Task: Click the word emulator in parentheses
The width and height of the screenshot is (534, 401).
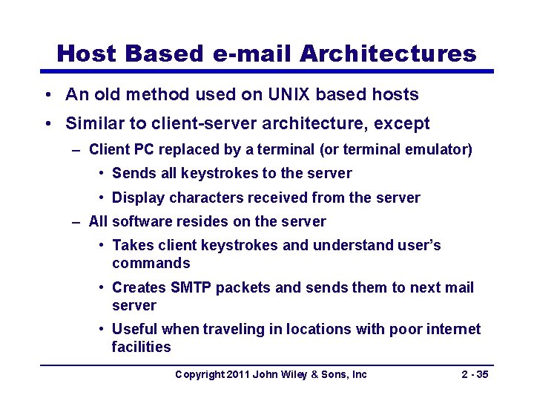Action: pyautogui.click(x=438, y=150)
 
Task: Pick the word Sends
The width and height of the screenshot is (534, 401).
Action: pyautogui.click(x=131, y=173)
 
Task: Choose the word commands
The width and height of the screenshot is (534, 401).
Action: pyautogui.click(x=151, y=263)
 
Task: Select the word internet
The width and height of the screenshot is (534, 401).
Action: pyautogui.click(x=453, y=329)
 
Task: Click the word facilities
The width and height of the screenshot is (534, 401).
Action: pyautogui.click(x=141, y=347)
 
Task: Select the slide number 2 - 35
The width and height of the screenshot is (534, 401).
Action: pyautogui.click(x=474, y=374)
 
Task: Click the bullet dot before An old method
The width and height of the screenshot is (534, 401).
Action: pyautogui.click(x=47, y=95)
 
